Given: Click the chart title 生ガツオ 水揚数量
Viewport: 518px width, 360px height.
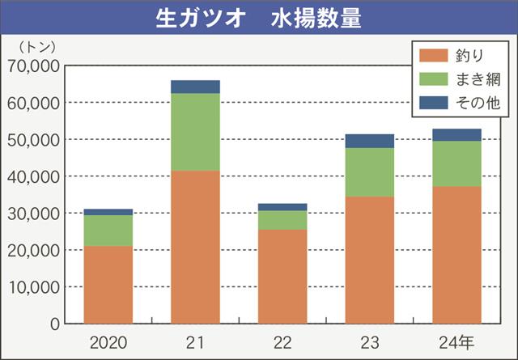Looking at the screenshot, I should [x=258, y=19].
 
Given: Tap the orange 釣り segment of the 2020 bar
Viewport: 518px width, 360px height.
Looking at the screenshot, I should [x=108, y=284].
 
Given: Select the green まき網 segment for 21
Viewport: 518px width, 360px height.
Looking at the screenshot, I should [x=195, y=132].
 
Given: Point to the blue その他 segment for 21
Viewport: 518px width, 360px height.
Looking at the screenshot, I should [x=195, y=87].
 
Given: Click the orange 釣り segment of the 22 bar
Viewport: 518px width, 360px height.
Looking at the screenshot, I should [x=282, y=276].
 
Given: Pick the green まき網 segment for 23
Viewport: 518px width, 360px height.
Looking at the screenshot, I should [x=369, y=172].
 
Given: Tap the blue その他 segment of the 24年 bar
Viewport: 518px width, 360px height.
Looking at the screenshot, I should [x=456, y=135].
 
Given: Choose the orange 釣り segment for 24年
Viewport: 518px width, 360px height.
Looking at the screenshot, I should [x=456, y=255].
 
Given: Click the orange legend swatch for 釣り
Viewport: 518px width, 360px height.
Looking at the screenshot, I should [x=433, y=56].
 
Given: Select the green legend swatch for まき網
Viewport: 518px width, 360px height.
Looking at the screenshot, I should [x=433, y=80].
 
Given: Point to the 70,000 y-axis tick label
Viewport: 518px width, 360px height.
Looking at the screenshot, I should [x=34, y=66].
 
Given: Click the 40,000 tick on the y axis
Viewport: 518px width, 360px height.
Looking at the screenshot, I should [x=34, y=176].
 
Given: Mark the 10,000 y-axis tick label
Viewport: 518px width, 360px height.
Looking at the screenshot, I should [x=34, y=287].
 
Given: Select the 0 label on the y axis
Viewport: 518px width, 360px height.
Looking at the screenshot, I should [x=53, y=324].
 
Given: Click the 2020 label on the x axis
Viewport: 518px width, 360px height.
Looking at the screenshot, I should [x=108, y=341].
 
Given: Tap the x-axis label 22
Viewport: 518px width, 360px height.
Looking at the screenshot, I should [x=282, y=341].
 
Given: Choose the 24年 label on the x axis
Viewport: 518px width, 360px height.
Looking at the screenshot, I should [x=458, y=341].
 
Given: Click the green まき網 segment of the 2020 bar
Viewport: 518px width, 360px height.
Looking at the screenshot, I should [x=108, y=231].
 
